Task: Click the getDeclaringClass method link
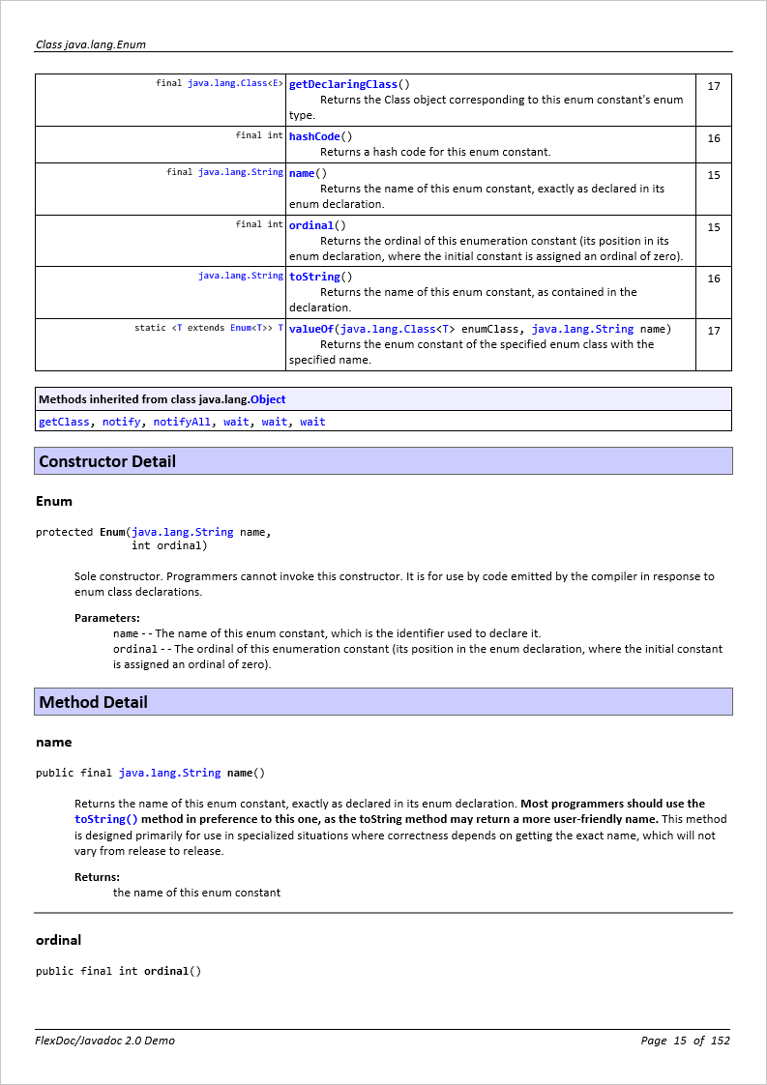343,84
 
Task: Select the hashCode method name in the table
314,136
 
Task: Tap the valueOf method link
311,329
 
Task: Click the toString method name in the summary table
314,277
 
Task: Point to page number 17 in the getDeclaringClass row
714,86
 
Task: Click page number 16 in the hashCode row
714,138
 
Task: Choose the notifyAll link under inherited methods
182,422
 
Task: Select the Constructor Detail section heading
107,461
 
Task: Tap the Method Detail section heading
94,702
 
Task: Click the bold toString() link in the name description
106,819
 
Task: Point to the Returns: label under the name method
97,877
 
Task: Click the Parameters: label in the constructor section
106,618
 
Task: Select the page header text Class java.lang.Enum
91,44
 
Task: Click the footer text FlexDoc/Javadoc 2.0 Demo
105,1041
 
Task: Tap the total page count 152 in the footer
720,1041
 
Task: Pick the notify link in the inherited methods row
121,422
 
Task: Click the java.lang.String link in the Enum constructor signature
182,532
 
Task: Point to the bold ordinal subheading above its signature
58,940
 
